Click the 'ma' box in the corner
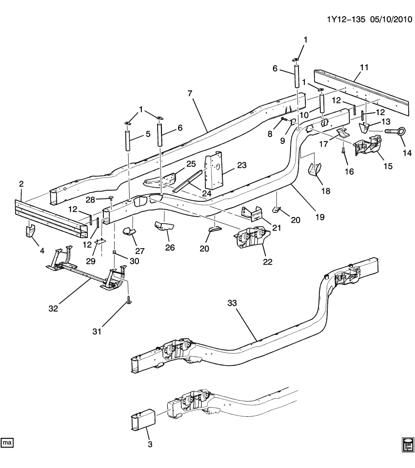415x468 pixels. coord(7,442)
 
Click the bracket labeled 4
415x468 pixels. coord(31,231)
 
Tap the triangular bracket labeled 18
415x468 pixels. coord(315,171)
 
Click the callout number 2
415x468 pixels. coord(21,183)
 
